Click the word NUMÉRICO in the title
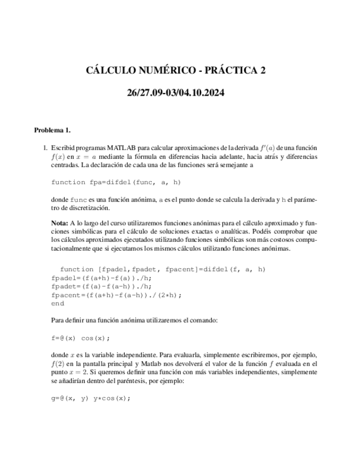coord(160,70)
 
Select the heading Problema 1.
coord(52,130)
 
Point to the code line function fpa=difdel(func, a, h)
coord(116,182)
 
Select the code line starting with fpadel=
coord(101,278)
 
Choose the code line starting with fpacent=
coord(116,295)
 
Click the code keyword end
coord(57,303)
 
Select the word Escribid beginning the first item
coord(64,148)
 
